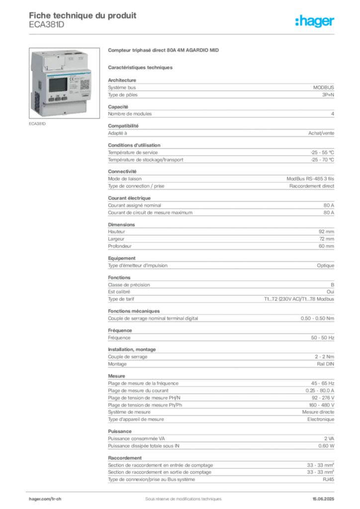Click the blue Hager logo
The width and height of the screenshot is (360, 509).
pos(315,21)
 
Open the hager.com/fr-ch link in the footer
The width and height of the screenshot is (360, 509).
pos(45,498)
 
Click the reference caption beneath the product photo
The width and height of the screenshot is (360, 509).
pos(38,124)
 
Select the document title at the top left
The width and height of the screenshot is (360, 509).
pos(83,14)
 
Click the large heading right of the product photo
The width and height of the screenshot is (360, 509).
pos(165,51)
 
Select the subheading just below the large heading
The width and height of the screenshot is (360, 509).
pos(141,67)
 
